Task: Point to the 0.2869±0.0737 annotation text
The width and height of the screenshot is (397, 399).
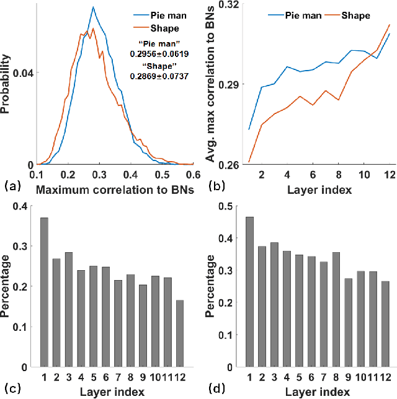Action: click(159, 76)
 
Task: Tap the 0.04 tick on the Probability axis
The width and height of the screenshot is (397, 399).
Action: click(21, 73)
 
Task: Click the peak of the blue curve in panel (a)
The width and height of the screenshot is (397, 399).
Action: click(92, 7)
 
